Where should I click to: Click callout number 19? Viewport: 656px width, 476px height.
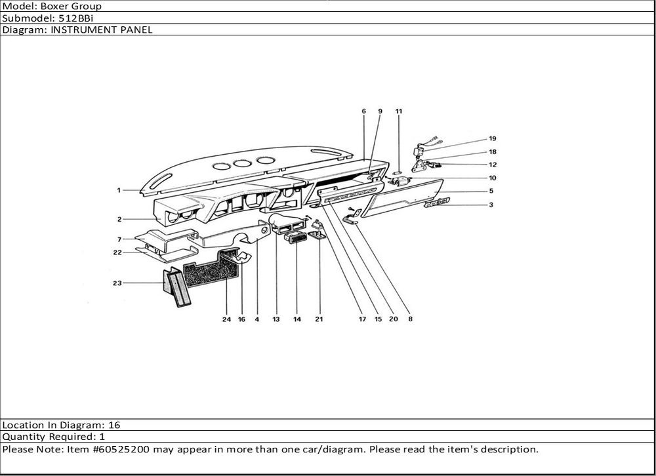492,138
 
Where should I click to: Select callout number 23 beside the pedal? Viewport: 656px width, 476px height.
117,283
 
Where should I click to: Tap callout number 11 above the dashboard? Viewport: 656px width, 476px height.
399,112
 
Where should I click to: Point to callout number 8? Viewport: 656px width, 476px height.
410,319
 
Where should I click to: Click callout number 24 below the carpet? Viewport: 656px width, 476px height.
226,319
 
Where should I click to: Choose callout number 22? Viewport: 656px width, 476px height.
117,252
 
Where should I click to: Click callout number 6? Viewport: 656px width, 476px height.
363,112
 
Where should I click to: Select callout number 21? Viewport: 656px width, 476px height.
319,319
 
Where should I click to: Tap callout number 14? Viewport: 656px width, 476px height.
297,319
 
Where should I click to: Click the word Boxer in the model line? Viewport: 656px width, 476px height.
67,6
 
